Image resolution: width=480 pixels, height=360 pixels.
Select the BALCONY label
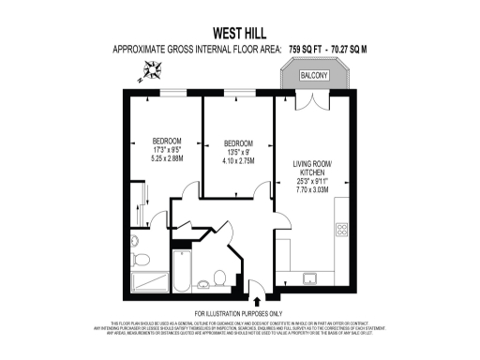(314, 74)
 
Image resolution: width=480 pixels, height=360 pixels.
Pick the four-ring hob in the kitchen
(341, 229)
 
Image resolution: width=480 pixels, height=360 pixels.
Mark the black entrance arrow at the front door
(257, 298)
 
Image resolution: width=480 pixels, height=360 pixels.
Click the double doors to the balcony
(312, 95)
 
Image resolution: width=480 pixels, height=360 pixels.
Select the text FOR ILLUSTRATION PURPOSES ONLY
(240, 312)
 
